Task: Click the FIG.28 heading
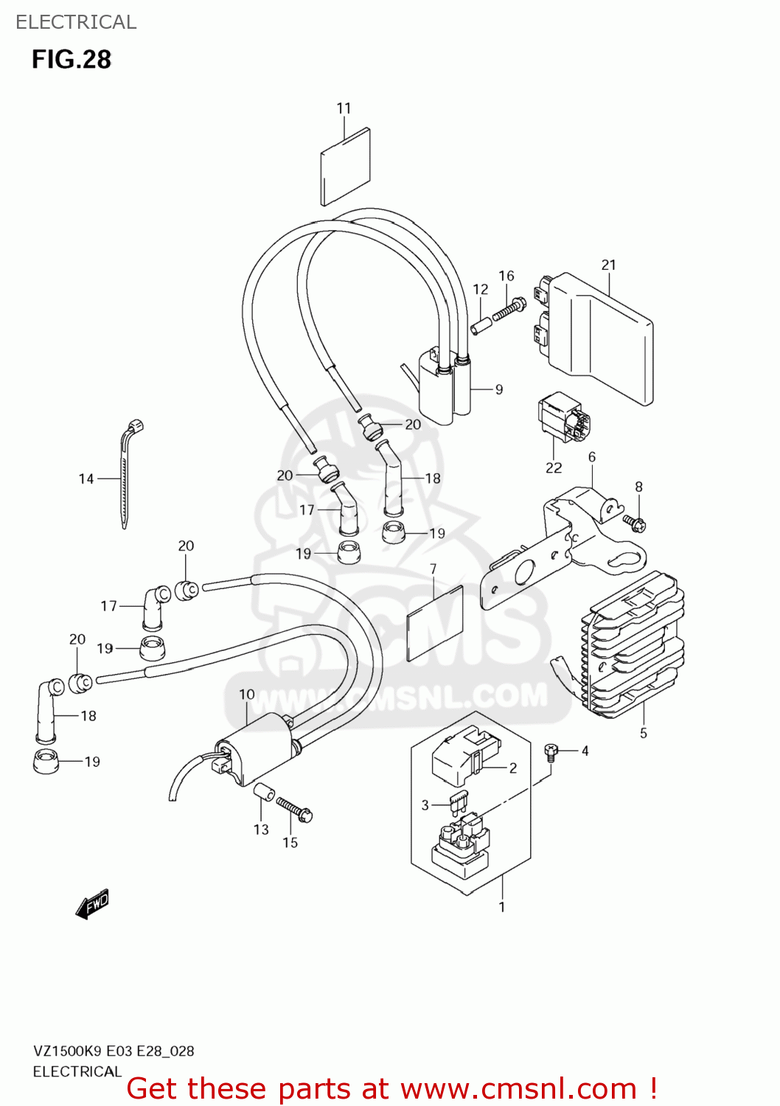coord(72,60)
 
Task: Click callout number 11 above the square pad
coord(344,108)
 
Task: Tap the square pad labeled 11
coord(345,167)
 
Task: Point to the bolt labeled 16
coord(509,308)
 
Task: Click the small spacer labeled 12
coord(481,324)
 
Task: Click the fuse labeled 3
coord(460,801)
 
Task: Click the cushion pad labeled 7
coord(434,622)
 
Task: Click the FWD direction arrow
coord(92,904)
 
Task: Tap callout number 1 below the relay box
coord(502,907)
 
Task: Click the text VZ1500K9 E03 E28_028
coord(114,1051)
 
